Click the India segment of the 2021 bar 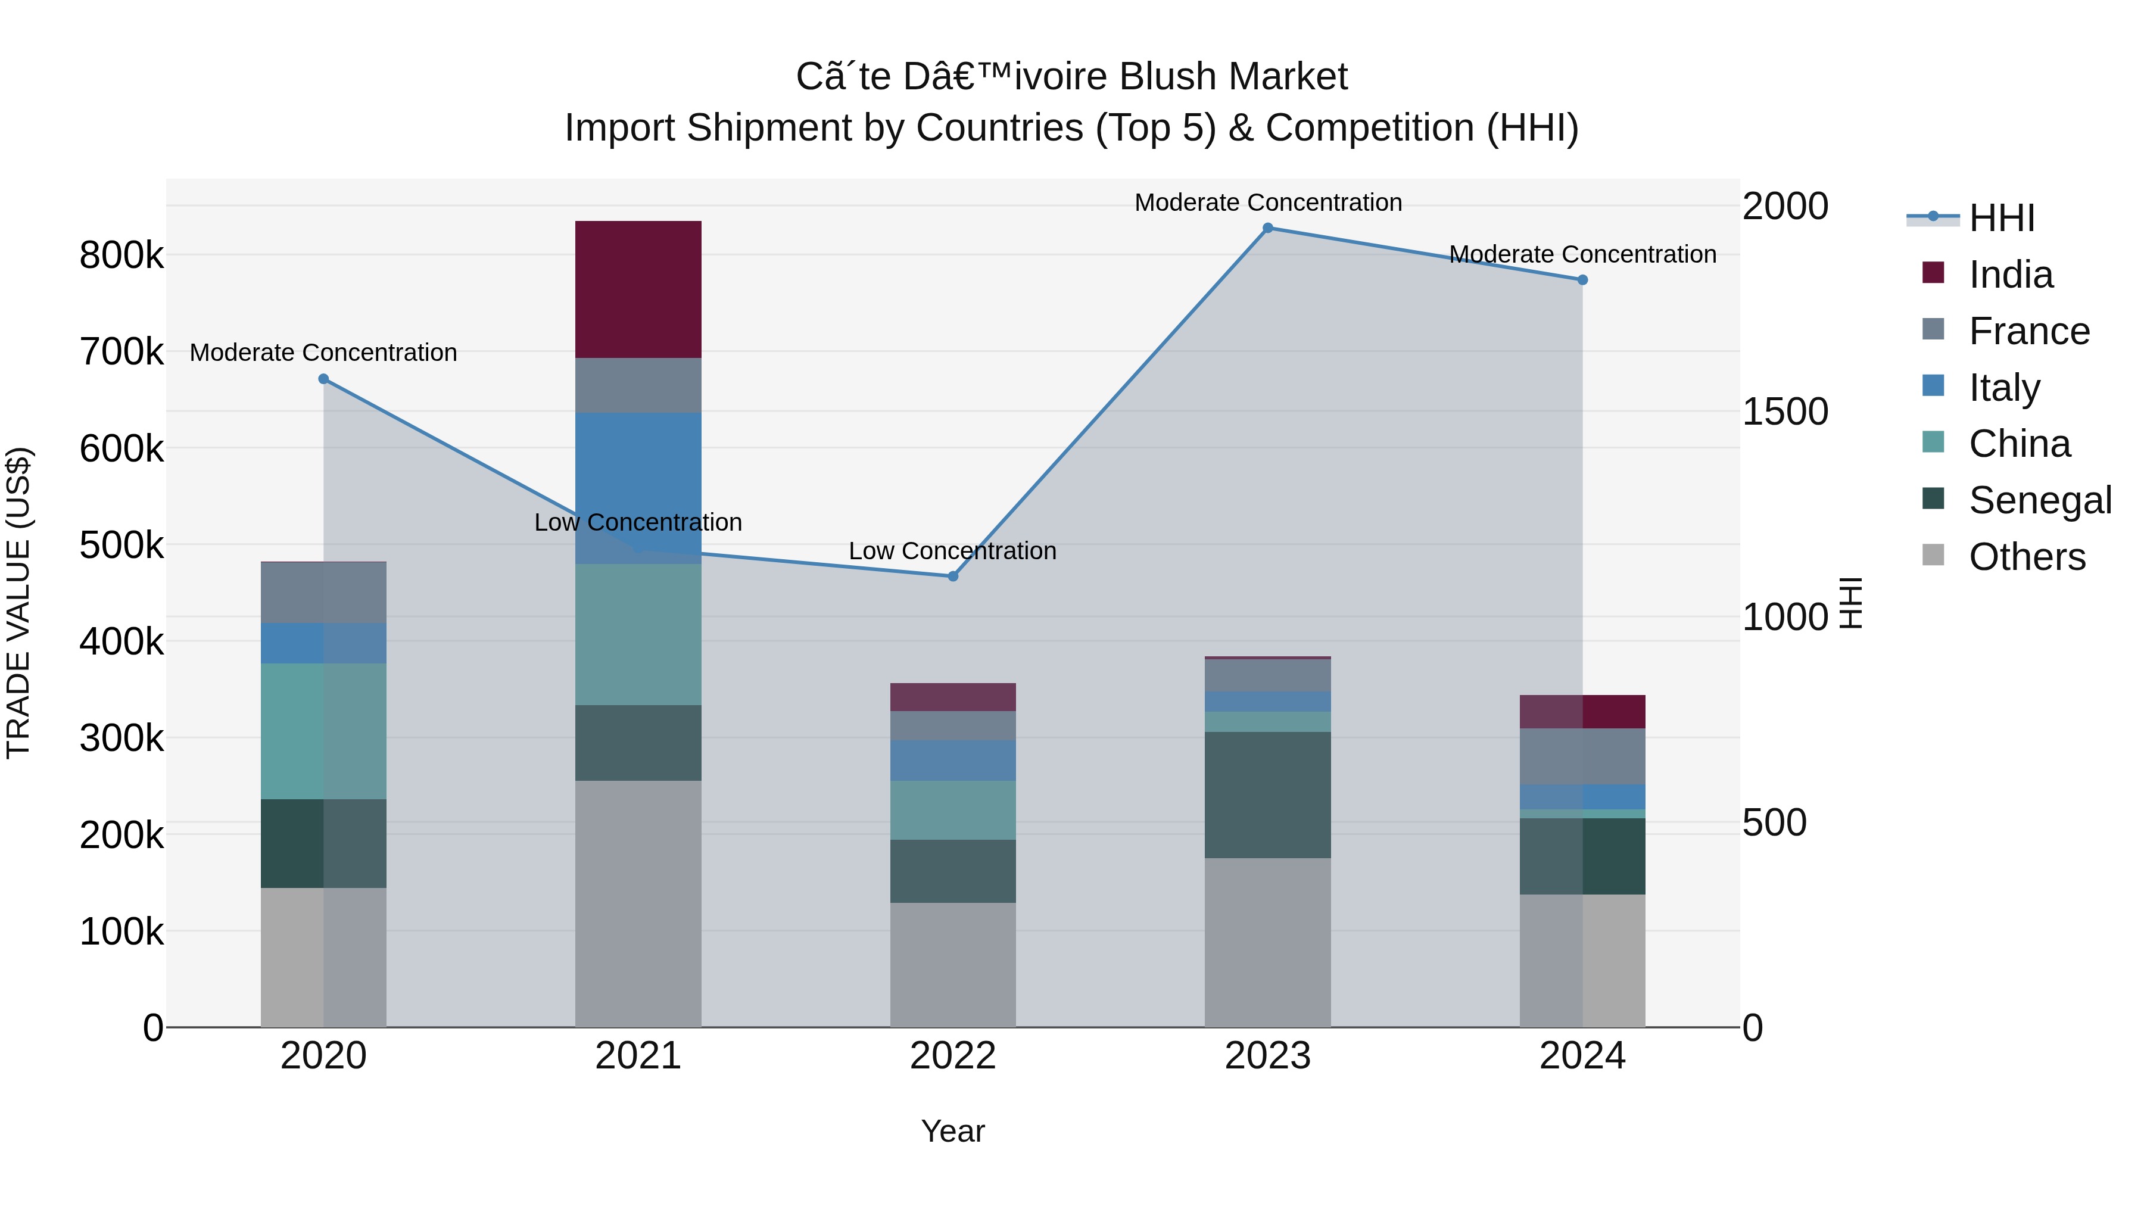638,289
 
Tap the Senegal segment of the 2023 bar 1267,795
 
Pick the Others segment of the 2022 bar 953,965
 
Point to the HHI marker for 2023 1267,228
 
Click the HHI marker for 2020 324,379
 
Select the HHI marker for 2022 953,576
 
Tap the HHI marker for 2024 1582,281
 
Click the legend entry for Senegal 2039,500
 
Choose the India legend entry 2010,275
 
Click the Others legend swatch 1933,555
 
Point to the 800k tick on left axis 121,255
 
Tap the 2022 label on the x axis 953,1056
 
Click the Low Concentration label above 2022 952,551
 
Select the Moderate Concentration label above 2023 1267,202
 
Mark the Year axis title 952,1131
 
